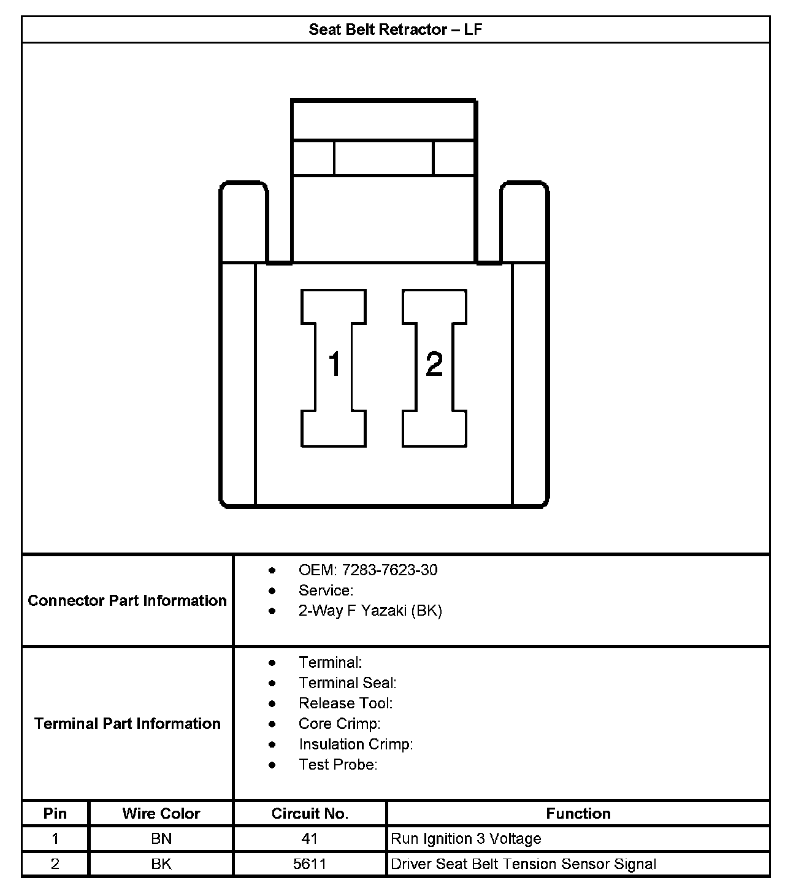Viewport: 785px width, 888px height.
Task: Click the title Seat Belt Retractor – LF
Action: [x=395, y=29]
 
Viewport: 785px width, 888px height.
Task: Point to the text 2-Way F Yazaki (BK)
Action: [x=370, y=611]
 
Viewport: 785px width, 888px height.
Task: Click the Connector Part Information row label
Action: [x=127, y=600]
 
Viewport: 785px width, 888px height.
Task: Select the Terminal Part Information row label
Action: [x=127, y=724]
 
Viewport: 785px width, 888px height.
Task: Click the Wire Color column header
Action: [x=161, y=814]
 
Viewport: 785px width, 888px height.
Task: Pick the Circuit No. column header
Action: [x=310, y=814]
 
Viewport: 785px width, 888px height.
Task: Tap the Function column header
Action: [x=578, y=814]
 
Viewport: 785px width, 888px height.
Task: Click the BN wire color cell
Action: [x=161, y=839]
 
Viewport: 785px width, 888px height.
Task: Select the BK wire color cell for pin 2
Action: [x=161, y=864]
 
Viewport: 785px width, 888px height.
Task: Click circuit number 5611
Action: [x=310, y=864]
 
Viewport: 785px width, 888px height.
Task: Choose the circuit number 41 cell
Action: [x=310, y=839]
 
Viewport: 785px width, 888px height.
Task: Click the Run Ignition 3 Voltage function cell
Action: [x=466, y=839]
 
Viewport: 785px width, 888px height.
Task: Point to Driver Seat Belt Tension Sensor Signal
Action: [x=523, y=864]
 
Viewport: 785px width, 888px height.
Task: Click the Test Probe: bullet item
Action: [x=337, y=765]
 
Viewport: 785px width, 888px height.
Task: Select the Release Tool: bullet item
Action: [x=345, y=703]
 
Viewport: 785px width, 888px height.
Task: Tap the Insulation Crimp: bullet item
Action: [x=356, y=744]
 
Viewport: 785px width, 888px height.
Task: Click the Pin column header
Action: [x=55, y=814]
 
